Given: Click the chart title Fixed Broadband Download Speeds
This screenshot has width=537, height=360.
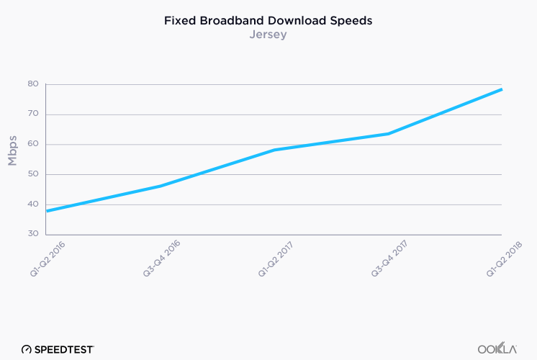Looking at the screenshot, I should coord(268,20).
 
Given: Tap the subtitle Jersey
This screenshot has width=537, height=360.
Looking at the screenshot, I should coord(268,35).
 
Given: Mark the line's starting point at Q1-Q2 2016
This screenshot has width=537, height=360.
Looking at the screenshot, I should coord(48,210).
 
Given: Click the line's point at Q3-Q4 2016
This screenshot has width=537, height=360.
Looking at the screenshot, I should coord(161,186).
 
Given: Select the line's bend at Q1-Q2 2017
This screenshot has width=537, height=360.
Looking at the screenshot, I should coord(274,150).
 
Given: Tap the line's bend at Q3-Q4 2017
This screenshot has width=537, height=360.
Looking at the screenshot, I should coord(389,133).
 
